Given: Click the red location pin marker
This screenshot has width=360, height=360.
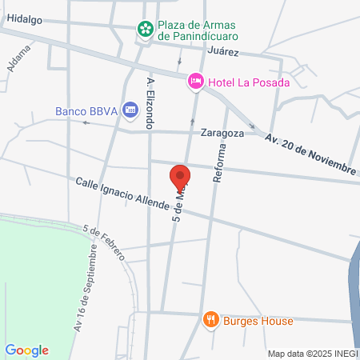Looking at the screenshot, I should click(180, 176).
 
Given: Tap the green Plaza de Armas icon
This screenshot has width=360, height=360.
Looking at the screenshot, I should click(146, 30).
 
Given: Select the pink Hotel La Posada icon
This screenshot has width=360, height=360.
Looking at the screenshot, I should click(195, 81).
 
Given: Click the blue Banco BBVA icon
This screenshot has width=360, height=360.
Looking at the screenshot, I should click(130, 111).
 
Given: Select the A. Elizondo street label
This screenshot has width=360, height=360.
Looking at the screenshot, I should click(149, 103).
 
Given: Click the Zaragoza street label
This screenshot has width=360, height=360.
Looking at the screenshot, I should click(222, 134).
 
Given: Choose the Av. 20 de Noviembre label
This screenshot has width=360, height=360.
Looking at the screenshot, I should click(310, 154).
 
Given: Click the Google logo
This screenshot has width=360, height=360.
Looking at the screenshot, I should click(26, 350).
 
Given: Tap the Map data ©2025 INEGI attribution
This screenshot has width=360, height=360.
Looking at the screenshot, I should click(312, 353).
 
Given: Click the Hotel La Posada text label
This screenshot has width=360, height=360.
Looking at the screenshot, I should click(248, 81).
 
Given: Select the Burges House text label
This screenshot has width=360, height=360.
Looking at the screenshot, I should click(258, 320).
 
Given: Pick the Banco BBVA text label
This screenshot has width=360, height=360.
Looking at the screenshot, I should click(86, 111).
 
